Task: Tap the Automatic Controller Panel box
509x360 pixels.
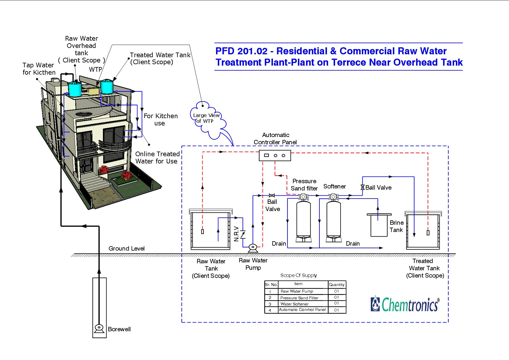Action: coord(275,156)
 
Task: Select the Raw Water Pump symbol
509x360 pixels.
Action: coord(253,248)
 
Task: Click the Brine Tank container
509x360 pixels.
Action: coord(379,225)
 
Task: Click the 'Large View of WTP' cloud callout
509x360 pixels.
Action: coord(206,119)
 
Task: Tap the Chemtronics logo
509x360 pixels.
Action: coord(405,304)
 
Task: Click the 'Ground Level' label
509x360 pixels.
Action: coord(127,249)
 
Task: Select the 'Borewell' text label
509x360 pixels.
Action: coord(119,329)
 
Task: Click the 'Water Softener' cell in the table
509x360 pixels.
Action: coord(295,304)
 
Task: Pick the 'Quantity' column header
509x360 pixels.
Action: coord(337,285)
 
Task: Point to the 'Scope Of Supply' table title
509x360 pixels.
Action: coord(298,275)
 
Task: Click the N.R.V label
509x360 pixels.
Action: coord(236,234)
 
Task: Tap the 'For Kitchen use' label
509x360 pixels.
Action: coord(161,120)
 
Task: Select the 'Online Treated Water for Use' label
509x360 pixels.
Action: coord(157,158)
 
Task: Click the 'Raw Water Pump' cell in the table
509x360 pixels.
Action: coord(297,291)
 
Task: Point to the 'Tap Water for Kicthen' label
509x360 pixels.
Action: coord(39,69)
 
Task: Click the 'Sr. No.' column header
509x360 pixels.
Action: coord(271,285)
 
